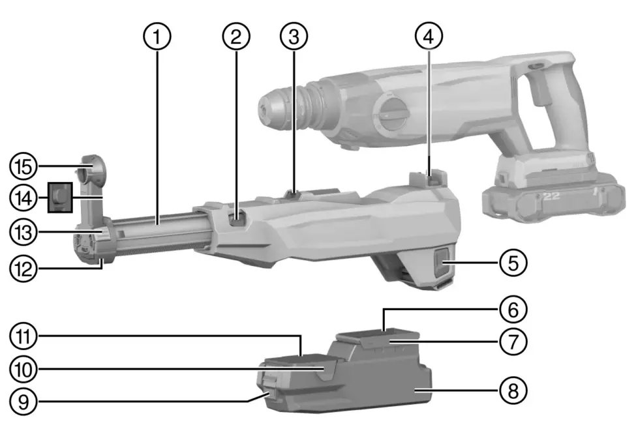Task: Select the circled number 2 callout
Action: pyautogui.click(x=236, y=37)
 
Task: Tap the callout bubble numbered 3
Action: pyautogui.click(x=294, y=37)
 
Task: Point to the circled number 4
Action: pyautogui.click(x=428, y=37)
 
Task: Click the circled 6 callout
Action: pyautogui.click(x=513, y=308)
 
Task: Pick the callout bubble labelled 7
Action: pyautogui.click(x=513, y=340)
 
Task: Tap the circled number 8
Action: pyautogui.click(x=513, y=391)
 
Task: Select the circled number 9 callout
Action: pyautogui.click(x=22, y=400)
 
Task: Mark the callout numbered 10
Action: pyautogui.click(x=22, y=368)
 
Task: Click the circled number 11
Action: pyautogui.click(x=22, y=337)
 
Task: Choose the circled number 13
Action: pyautogui.click(x=22, y=231)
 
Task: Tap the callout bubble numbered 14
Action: pyautogui.click(x=22, y=196)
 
